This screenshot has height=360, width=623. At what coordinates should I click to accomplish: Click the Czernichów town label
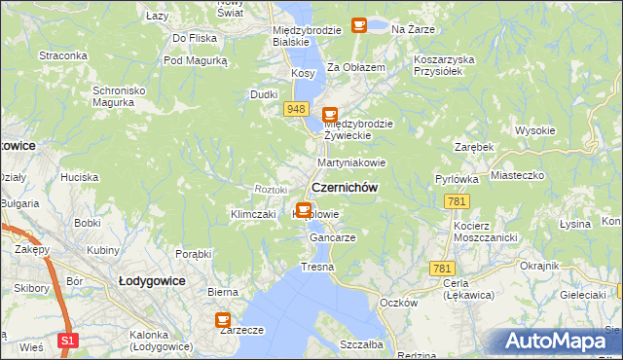coord(344,187)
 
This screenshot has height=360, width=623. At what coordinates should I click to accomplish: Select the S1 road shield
coord(66,341)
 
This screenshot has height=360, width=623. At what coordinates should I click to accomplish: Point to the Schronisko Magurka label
coord(119,96)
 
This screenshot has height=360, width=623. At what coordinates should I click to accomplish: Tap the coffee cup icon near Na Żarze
coord(358,25)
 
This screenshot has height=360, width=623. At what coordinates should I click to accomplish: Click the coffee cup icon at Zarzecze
coord(223,318)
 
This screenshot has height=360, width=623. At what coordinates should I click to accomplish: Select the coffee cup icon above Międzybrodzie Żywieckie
coord(330,114)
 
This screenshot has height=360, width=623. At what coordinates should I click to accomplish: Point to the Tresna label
coord(317,267)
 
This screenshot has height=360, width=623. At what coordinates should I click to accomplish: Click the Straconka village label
coord(63,55)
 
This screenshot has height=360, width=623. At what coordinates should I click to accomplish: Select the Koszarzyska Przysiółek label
coord(443,64)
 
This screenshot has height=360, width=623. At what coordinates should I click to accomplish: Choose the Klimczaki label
coord(253,214)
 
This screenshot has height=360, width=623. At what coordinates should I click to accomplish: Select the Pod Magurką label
coord(195,60)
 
